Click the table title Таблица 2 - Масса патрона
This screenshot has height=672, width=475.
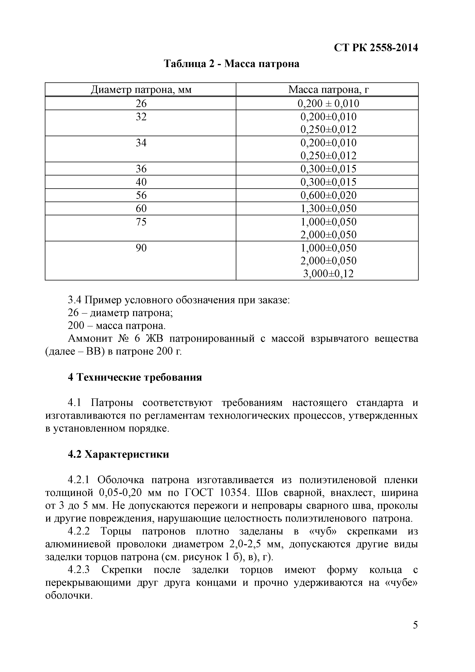pyautogui.click(x=232, y=64)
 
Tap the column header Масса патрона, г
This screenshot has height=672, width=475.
pyautogui.click(x=328, y=89)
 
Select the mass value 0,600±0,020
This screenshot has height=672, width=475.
pyautogui.click(x=328, y=195)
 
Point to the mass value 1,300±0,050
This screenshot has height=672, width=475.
pyautogui.click(x=328, y=208)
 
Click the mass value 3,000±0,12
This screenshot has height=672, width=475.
pyautogui.click(x=328, y=274)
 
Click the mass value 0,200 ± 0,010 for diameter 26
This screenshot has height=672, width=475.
pyautogui.click(x=328, y=103)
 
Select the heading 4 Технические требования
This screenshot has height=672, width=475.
pyautogui.click(x=135, y=377)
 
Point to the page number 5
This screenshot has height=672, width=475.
pyautogui.click(x=415, y=633)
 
